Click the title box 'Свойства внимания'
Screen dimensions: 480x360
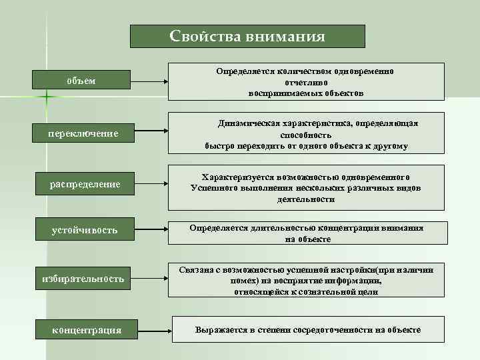click(247, 36)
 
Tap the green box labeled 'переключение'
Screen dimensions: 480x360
click(83, 133)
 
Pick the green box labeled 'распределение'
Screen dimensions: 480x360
click(84, 183)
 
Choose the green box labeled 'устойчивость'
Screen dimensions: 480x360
click(85, 230)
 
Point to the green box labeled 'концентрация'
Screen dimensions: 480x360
click(87, 329)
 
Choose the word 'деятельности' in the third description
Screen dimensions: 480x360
click(306, 199)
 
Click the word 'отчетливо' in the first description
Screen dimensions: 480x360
click(306, 82)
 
